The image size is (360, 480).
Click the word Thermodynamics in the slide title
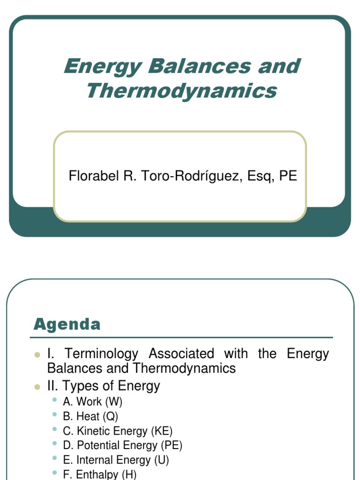[181, 90]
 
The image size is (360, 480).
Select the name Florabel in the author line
[87, 176]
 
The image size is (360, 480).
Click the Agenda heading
[67, 324]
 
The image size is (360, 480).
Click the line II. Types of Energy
[104, 386]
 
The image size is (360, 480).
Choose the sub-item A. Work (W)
[92, 401]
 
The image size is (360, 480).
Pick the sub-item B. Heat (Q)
[90, 416]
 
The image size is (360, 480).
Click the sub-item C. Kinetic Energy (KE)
[118, 431]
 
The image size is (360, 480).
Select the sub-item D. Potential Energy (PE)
[122, 445]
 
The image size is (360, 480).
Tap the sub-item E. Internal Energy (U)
[116, 460]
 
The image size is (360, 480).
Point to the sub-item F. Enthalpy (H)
[99, 474]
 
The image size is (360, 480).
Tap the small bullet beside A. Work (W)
[55, 400]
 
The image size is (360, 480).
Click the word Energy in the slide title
[102, 66]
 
